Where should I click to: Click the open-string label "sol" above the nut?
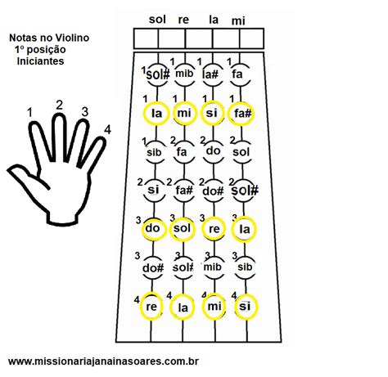[157, 20]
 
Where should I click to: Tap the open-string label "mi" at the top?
[238, 20]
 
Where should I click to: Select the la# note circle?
[211, 74]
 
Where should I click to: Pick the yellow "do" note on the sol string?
[154, 229]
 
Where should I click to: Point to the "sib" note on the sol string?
[155, 152]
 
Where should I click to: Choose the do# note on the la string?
[213, 191]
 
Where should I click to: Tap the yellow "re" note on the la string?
[214, 229]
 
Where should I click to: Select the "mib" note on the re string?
[184, 74]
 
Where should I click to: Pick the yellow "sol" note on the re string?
[183, 229]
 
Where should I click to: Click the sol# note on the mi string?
[244, 191]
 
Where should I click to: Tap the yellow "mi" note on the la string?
[214, 307]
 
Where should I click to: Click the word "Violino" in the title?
[72, 38]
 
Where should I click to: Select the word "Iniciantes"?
[40, 61]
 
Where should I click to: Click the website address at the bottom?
[103, 361]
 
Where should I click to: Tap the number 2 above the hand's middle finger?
[59, 105]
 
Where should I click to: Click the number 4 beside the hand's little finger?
[107, 130]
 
